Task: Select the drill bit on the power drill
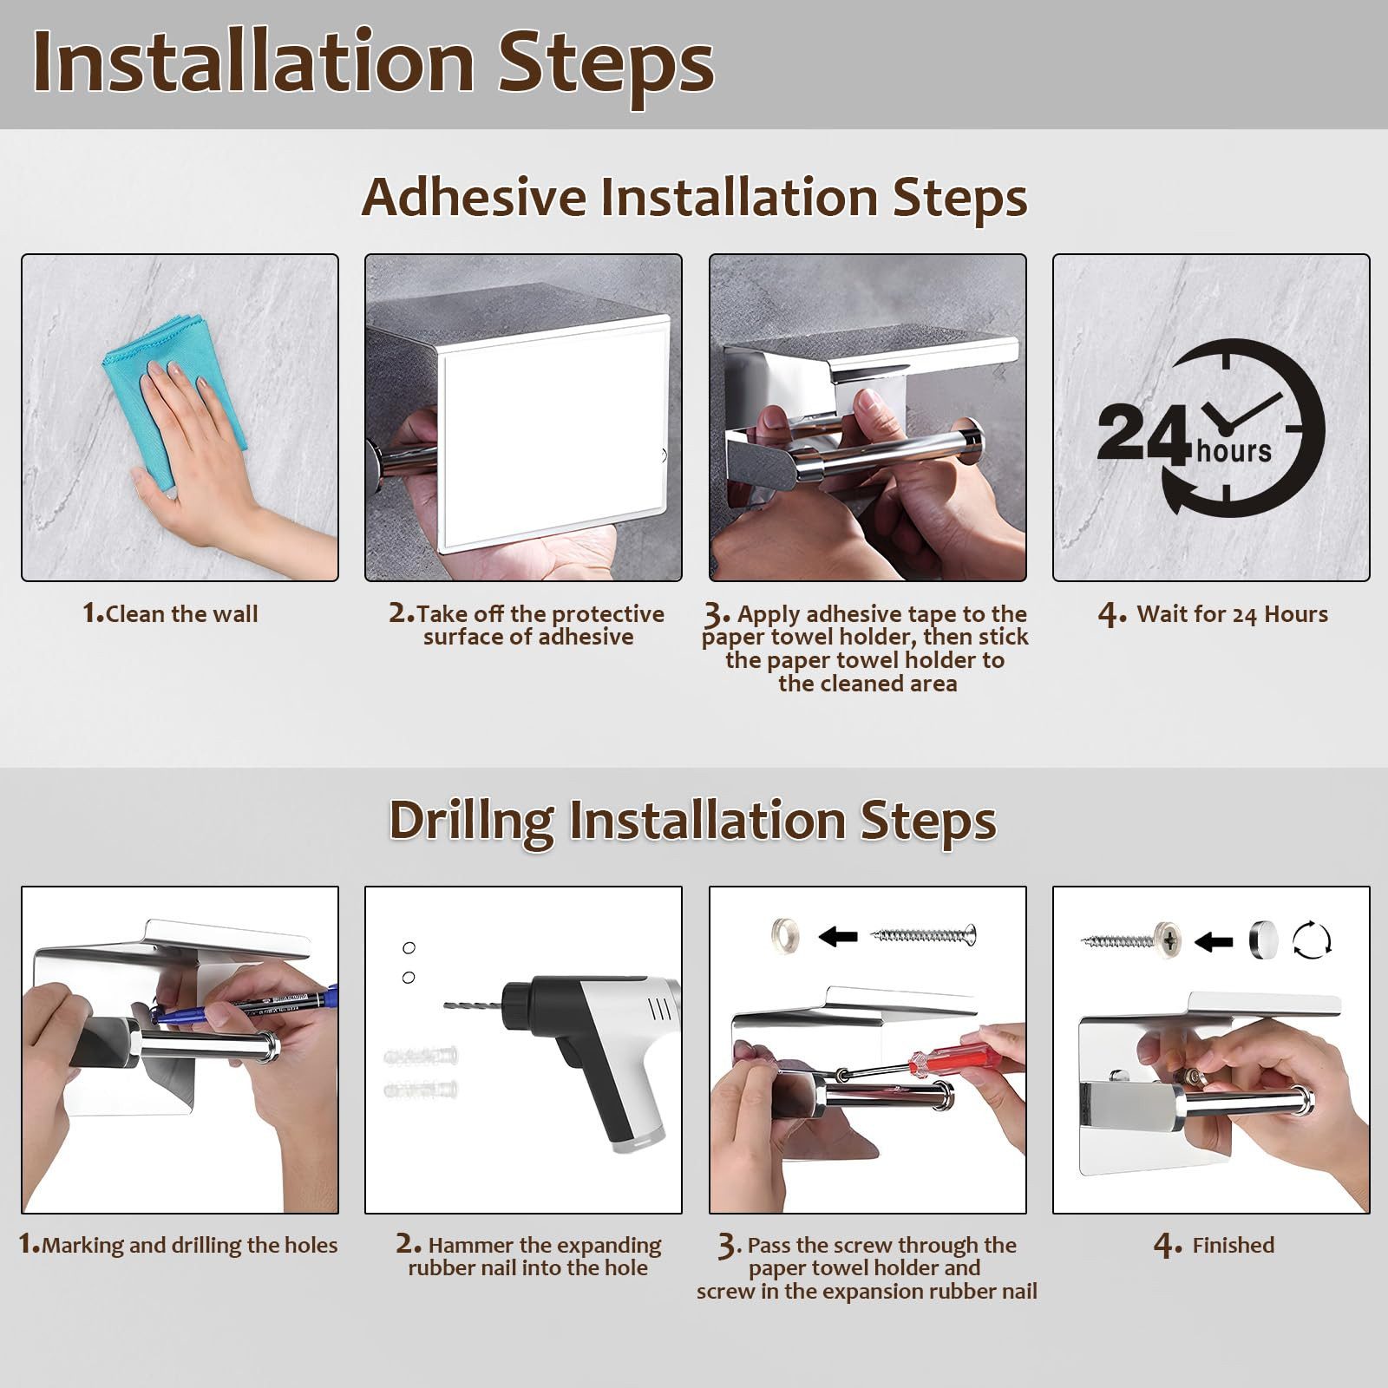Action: coord(473,1005)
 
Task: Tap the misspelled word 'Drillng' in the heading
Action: coord(471,821)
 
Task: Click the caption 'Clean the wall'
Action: coord(181,614)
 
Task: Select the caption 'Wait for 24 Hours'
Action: coord(1232,614)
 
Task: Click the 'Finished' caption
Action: coord(1233,1245)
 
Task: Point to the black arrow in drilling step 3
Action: coord(838,936)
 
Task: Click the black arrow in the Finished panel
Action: coord(1213,940)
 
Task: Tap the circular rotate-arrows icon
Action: coord(1312,940)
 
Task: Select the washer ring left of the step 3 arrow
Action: coord(786,935)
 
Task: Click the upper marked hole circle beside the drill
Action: coord(409,947)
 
